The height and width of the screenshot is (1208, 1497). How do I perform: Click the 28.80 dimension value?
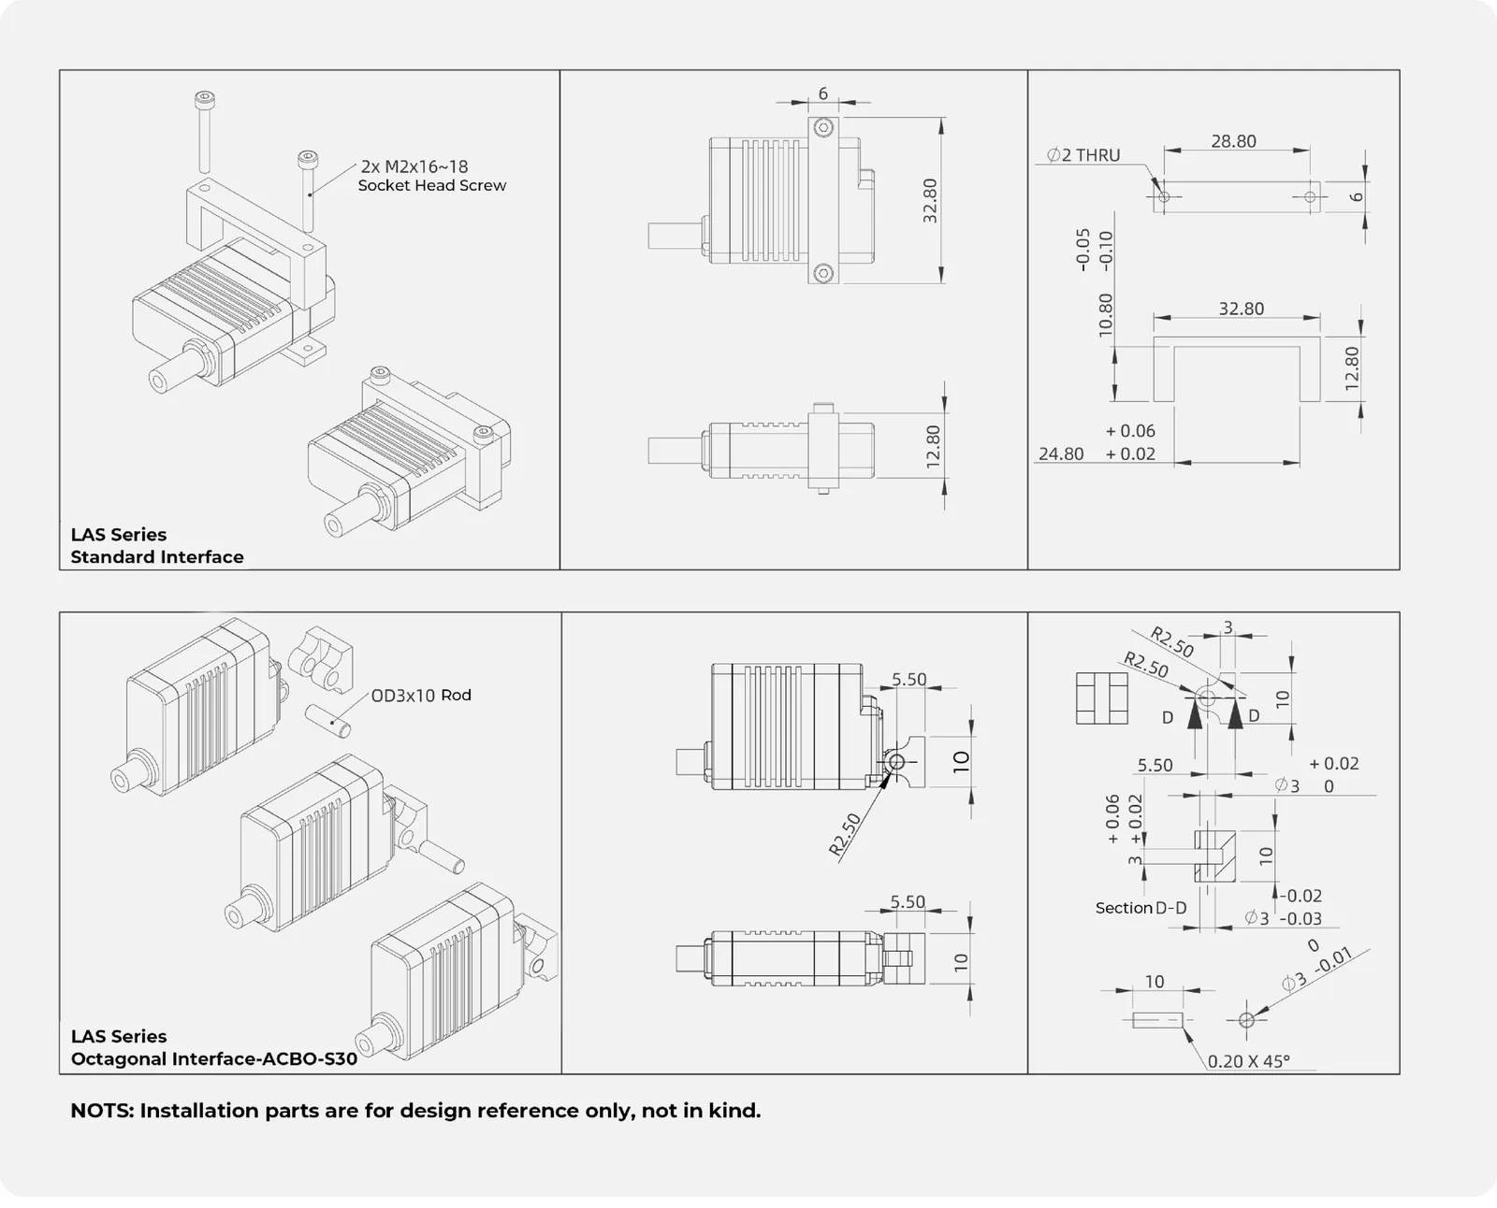(1233, 141)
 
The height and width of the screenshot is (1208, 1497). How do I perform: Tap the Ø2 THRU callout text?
(1083, 155)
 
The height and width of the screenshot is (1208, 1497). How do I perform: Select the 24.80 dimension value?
(1061, 454)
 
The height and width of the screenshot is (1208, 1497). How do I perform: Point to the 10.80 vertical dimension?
(1106, 315)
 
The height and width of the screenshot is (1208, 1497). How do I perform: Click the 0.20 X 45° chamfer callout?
(1249, 1061)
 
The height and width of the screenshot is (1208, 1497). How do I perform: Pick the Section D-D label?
(1141, 908)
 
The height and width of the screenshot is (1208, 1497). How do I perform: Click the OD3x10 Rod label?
(421, 696)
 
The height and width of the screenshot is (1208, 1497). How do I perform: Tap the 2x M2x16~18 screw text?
(414, 166)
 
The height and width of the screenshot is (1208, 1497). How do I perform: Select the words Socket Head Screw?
(431, 185)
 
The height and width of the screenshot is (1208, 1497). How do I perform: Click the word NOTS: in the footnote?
(102, 1111)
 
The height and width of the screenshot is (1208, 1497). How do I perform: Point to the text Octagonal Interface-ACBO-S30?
(213, 1058)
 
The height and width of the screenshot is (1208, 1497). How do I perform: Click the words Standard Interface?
(157, 557)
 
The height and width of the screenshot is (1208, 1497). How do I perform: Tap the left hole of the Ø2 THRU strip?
(1164, 196)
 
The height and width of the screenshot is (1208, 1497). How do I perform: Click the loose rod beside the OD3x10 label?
(327, 721)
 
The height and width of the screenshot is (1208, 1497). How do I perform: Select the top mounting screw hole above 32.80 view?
(823, 128)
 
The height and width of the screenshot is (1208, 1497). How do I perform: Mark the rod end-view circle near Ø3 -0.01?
(1246, 1020)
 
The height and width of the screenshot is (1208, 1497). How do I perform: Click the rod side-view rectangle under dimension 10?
(1157, 1020)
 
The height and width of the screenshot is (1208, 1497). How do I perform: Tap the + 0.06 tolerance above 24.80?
(1130, 430)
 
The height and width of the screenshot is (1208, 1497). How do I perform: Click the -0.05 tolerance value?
(1083, 250)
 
